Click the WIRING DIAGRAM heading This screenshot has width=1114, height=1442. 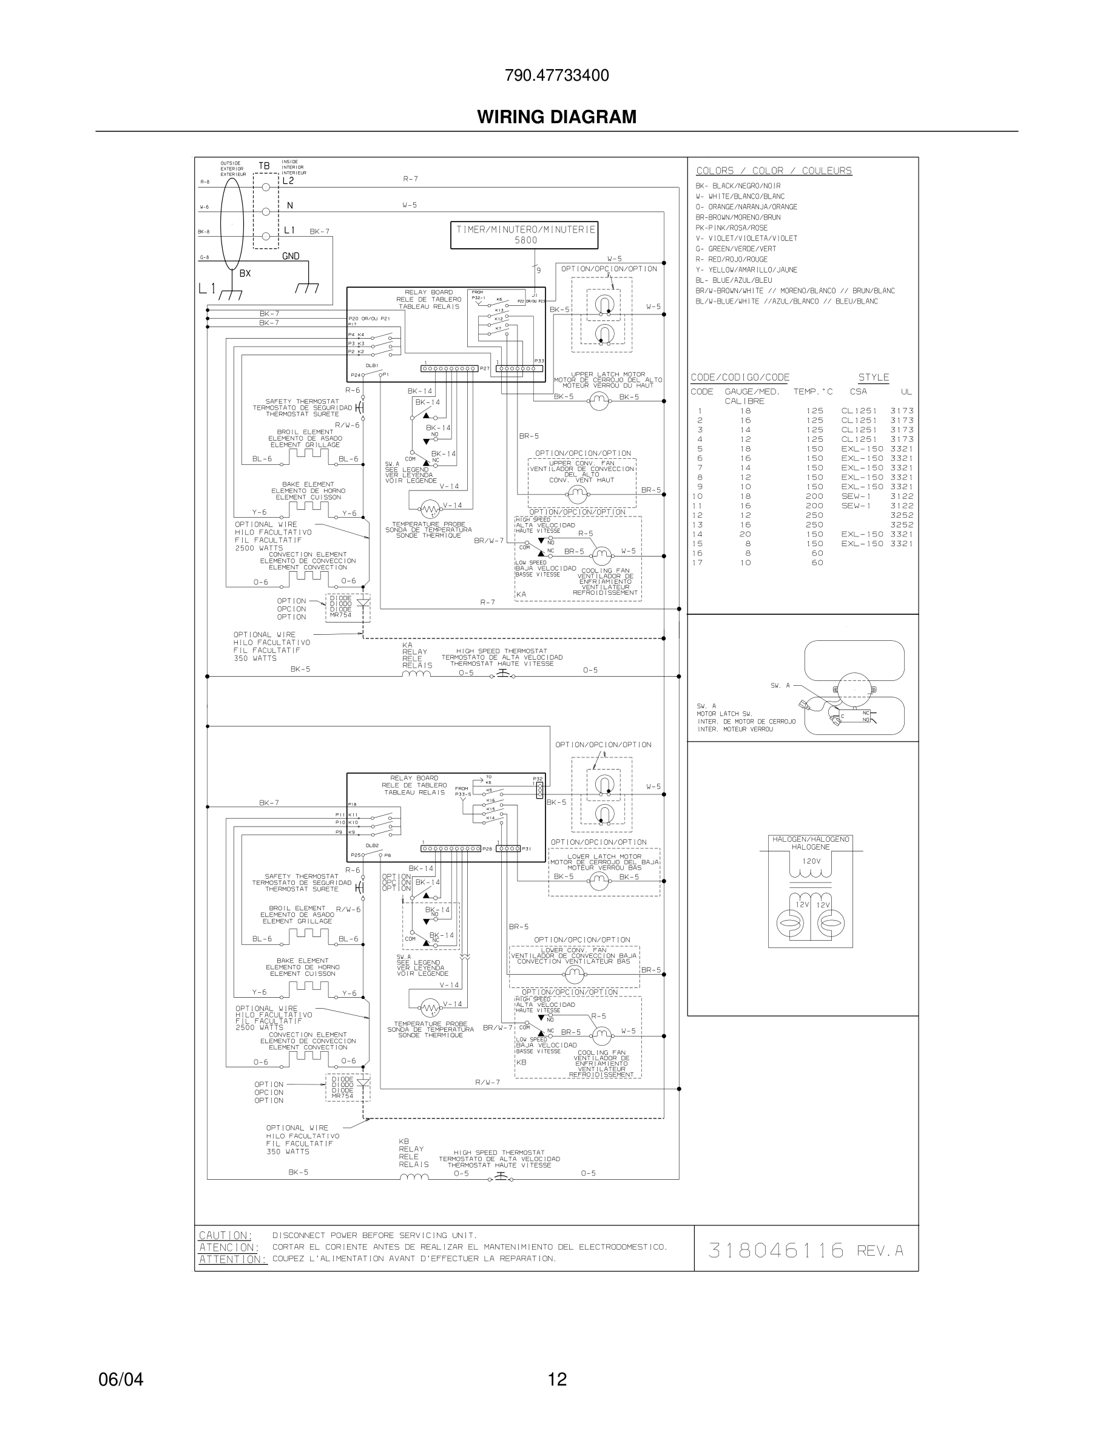click(x=556, y=117)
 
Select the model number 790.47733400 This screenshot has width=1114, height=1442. click(x=556, y=75)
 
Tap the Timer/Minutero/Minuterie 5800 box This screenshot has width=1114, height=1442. click(x=525, y=235)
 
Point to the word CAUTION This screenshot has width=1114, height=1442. click(x=225, y=1235)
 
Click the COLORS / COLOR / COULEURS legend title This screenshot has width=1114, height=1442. click(x=774, y=171)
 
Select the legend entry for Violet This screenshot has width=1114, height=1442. click(x=746, y=239)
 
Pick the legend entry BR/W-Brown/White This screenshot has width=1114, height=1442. click(x=795, y=291)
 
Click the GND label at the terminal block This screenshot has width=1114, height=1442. click(x=291, y=256)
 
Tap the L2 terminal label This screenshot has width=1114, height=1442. click(x=288, y=181)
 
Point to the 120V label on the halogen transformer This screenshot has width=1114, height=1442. click(x=811, y=861)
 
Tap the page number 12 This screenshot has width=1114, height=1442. click(x=557, y=1379)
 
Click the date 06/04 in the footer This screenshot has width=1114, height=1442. click(x=120, y=1379)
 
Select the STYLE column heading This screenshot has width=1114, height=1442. click(x=873, y=377)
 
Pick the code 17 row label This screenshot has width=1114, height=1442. click(x=698, y=563)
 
